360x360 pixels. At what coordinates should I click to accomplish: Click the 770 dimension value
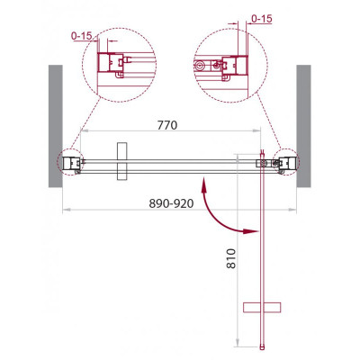click(167, 125)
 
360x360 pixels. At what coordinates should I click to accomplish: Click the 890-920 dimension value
click(171, 203)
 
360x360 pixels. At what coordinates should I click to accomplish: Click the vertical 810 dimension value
click(231, 258)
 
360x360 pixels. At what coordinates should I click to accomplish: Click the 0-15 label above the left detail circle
click(82, 36)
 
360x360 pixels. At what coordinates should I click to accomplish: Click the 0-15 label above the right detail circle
click(261, 19)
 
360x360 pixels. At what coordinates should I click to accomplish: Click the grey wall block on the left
click(56, 126)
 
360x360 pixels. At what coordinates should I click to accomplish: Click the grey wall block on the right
click(303, 126)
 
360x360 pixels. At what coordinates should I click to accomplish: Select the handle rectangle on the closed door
click(122, 161)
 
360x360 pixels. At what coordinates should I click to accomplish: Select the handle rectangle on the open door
click(262, 308)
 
